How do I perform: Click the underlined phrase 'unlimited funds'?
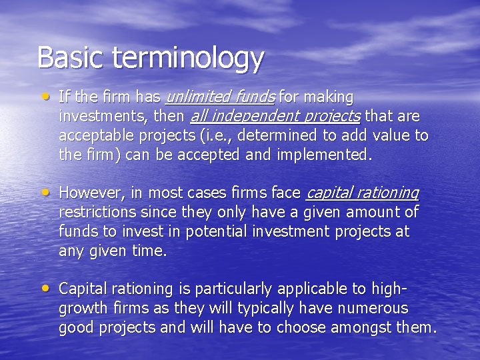click(219, 97)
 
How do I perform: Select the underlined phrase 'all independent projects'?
click(275, 117)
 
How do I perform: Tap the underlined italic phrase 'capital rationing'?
click(362, 193)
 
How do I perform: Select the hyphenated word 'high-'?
click(389, 289)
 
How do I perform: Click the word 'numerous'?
click(374, 309)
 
